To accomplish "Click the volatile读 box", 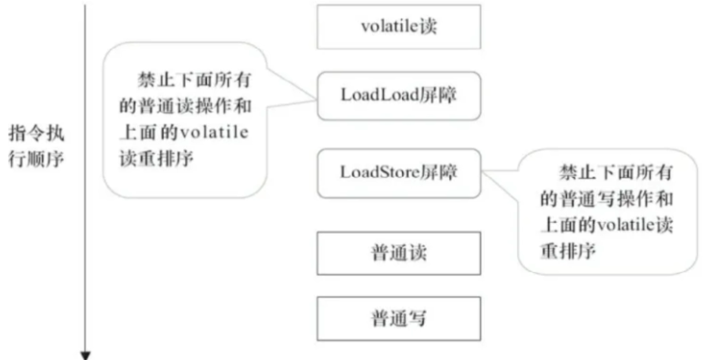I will [399, 27].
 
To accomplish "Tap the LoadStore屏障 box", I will [399, 172].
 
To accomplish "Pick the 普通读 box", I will [399, 253].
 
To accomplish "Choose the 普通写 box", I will [399, 318].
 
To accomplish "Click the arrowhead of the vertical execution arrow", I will [86, 355].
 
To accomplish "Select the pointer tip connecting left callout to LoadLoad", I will [315, 98].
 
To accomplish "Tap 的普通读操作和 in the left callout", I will [185, 107].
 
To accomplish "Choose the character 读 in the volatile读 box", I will [429, 27].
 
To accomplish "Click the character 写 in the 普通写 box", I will [417, 319].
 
